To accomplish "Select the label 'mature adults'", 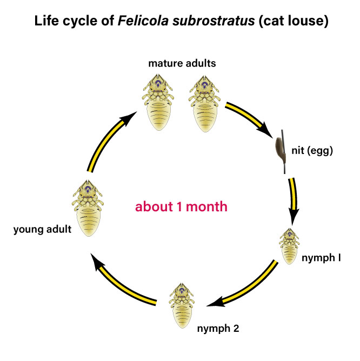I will [x=182, y=63].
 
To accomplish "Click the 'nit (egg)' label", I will [x=314, y=151].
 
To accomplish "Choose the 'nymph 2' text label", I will [x=216, y=328].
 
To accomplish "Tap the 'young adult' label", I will [x=42, y=230].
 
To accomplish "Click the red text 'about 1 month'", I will [x=181, y=206].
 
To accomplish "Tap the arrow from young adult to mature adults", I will [x=108, y=141].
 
